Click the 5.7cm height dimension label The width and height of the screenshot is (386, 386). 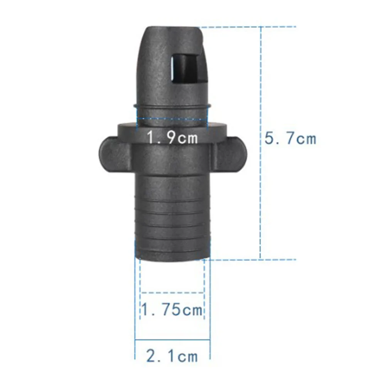point(290,138)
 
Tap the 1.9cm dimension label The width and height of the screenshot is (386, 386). point(172,137)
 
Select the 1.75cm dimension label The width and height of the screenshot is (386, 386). point(172,309)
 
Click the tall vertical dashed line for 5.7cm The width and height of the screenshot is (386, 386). point(261,193)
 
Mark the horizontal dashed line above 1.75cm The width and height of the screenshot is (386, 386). point(172,293)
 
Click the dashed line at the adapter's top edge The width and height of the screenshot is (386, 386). point(247,27)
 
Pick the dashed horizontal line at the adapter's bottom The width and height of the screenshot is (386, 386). point(251,260)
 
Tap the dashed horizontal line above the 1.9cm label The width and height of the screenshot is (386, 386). point(172,119)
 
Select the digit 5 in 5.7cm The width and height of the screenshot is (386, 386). point(270,138)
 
